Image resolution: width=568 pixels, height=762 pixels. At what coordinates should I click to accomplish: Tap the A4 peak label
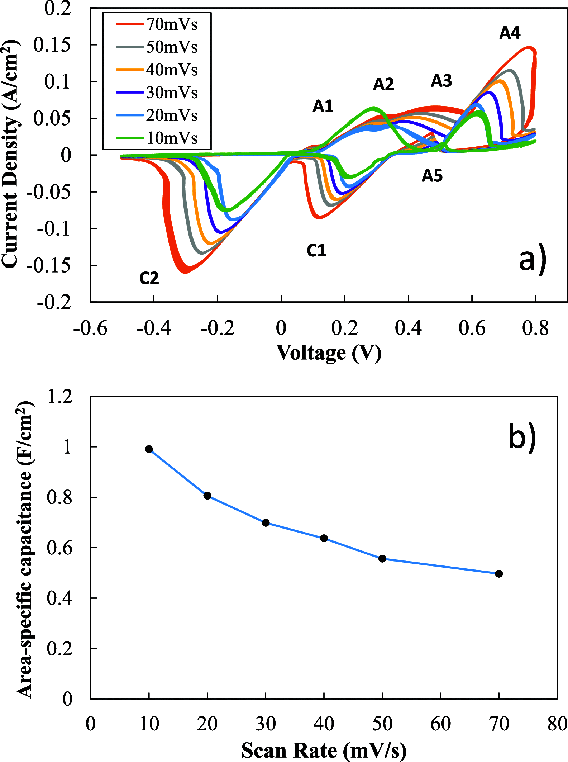510,33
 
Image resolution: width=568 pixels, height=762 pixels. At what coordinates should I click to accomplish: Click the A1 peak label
323,107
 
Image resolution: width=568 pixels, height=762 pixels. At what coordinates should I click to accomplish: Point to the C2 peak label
149,278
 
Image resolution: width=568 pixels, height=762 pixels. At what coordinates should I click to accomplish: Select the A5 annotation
432,176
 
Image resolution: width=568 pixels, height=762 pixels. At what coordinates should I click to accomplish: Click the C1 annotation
316,251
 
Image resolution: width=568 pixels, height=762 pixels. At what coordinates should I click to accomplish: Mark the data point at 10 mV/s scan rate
149,449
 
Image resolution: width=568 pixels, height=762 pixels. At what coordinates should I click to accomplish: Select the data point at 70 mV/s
499,574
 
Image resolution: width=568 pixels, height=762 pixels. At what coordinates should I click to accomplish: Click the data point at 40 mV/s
324,538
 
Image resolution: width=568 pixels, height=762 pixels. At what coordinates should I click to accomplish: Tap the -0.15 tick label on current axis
48,266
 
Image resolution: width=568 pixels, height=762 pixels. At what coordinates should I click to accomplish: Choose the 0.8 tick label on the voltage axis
535,328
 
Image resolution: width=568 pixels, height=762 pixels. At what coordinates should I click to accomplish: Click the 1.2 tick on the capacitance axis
60,397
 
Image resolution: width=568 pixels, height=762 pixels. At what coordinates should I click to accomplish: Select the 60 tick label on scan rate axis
440,724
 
